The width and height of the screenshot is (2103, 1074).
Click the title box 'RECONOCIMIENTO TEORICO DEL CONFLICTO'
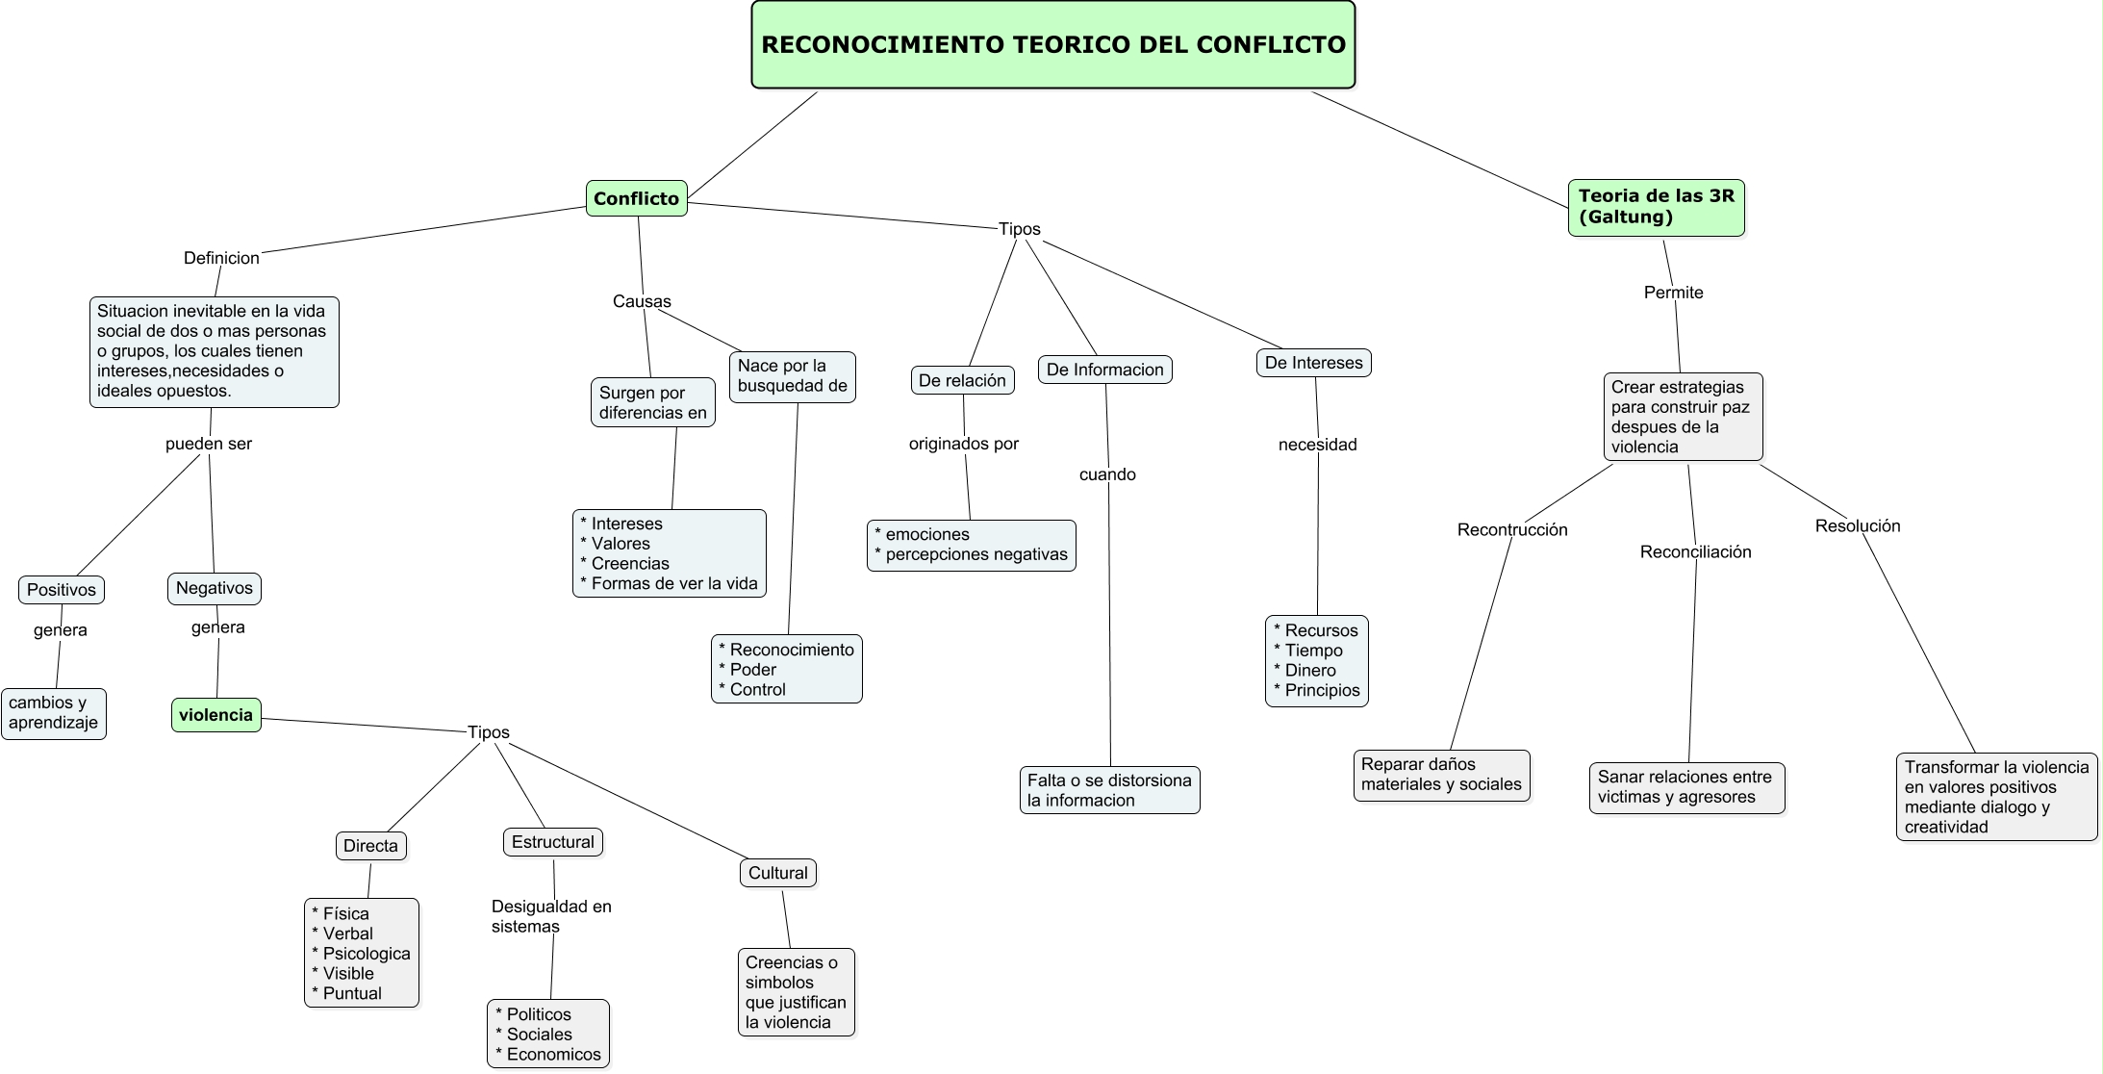pyautogui.click(x=1052, y=44)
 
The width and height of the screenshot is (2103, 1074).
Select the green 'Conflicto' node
pyautogui.click(x=636, y=198)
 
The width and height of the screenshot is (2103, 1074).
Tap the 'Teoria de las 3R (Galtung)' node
pyautogui.click(x=1656, y=207)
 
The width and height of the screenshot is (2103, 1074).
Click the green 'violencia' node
pyautogui.click(x=215, y=715)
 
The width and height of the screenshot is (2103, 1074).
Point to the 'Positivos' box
pyautogui.click(x=62, y=590)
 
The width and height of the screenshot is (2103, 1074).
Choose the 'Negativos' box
pyautogui.click(x=214, y=588)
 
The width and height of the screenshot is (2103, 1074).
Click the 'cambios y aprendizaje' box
pyautogui.click(x=54, y=713)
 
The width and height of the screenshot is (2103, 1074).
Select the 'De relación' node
pyautogui.click(x=962, y=380)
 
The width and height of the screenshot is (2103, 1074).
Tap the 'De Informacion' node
pyautogui.click(x=1104, y=370)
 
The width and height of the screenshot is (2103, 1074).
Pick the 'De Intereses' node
pyautogui.click(x=1313, y=363)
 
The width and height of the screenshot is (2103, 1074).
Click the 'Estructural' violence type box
pyautogui.click(x=552, y=842)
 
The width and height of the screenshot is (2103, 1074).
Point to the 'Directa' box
pyautogui.click(x=370, y=846)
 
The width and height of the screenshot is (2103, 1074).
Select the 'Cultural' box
pyautogui.click(x=777, y=873)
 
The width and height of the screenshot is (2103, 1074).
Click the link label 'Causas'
pyautogui.click(x=642, y=301)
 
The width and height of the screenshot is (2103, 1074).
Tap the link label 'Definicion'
pyautogui.click(x=221, y=258)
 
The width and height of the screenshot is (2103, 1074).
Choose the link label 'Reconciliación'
pyautogui.click(x=1695, y=551)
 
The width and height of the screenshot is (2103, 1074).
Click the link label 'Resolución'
pyautogui.click(x=1857, y=525)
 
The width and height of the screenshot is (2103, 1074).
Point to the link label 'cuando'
pyautogui.click(x=1107, y=474)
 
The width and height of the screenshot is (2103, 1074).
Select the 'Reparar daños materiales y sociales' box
pyautogui.click(x=1441, y=775)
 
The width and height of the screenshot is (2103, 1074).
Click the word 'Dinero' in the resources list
pyautogui.click(x=1310, y=670)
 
